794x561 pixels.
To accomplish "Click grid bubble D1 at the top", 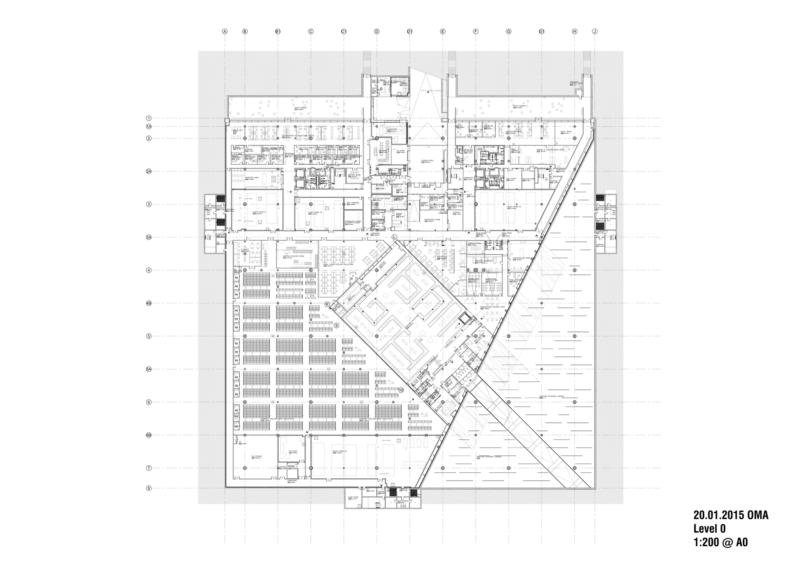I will pyautogui.click(x=410, y=31).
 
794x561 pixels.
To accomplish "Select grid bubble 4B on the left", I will pyautogui.click(x=149, y=303).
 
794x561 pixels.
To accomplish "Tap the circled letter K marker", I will pyautogui.click(x=328, y=304).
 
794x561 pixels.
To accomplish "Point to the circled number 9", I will pyautogui.click(x=336, y=325).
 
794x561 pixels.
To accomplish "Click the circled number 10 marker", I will pyautogui.click(x=401, y=390).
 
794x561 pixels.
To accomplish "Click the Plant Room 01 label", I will pyautogui.click(x=259, y=212).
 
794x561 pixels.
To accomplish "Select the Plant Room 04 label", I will pyautogui.click(x=340, y=451).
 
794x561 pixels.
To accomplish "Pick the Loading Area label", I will pyautogui.click(x=427, y=161).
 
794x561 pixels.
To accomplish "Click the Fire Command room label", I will pyautogui.click(x=353, y=203).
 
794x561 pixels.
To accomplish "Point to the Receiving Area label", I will pyautogui.click(x=252, y=178).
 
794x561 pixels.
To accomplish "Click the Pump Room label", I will pyautogui.click(x=353, y=497).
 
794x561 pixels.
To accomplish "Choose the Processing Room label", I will pyautogui.click(x=432, y=220).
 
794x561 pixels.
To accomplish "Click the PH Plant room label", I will pyautogui.click(x=293, y=451).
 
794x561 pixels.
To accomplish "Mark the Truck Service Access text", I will pyautogui.click(x=432, y=91).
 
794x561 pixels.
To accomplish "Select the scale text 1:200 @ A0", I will pyautogui.click(x=721, y=542).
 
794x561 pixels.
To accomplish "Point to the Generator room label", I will pyautogui.click(x=392, y=129).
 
